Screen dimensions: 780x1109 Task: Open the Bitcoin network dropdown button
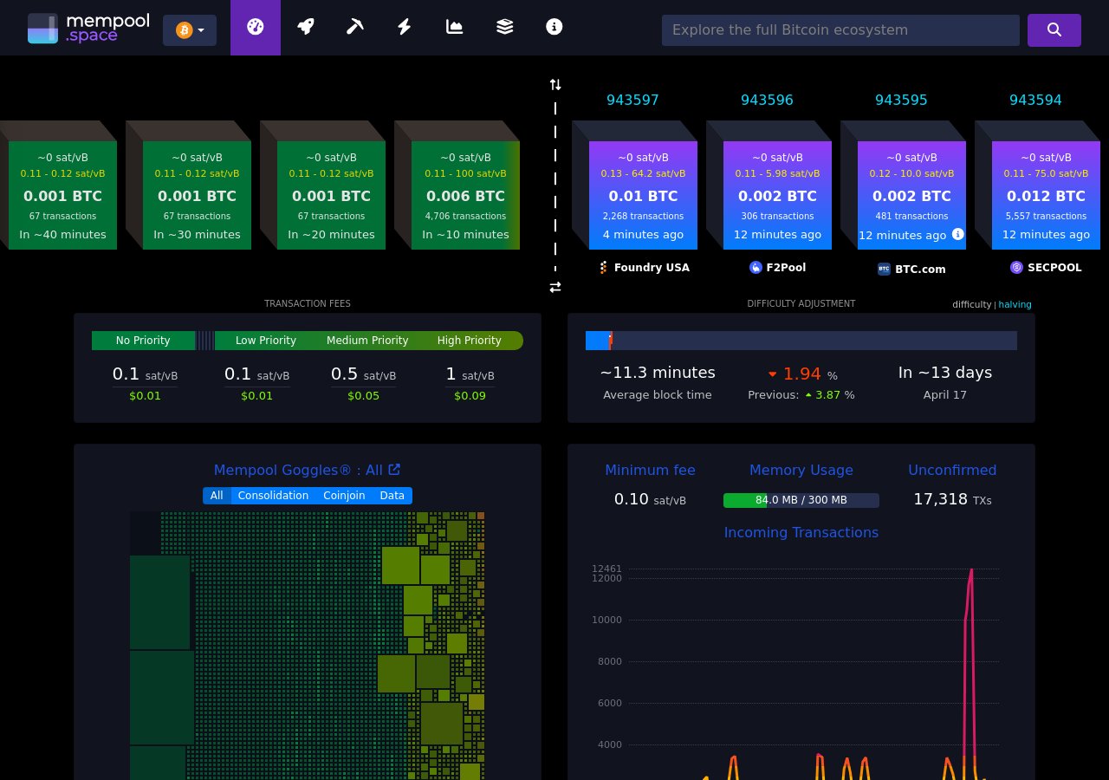click(x=190, y=30)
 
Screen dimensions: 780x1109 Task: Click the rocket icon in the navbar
click(x=305, y=27)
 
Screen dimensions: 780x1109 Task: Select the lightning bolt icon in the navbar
click(x=405, y=27)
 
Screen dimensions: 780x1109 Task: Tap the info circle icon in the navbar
click(x=554, y=27)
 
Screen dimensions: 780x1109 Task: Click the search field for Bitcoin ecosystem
click(x=840, y=30)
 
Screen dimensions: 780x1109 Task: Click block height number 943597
click(x=632, y=101)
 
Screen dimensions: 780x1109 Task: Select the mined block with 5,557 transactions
click(x=1046, y=196)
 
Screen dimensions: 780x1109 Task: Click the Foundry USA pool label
click(x=645, y=268)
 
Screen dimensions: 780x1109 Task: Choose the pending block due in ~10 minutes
click(x=465, y=196)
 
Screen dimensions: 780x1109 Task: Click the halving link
click(x=1015, y=305)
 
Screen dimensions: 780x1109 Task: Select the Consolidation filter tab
click(x=273, y=496)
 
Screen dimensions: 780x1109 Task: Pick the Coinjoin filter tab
click(x=343, y=496)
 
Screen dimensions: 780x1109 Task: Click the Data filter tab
click(x=392, y=496)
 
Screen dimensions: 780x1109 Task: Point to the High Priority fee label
click(x=469, y=341)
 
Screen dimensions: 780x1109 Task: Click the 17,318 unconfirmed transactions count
click(x=940, y=499)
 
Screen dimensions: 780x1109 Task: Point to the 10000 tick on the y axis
click(x=607, y=620)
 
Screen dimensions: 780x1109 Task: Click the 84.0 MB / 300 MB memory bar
click(x=801, y=500)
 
